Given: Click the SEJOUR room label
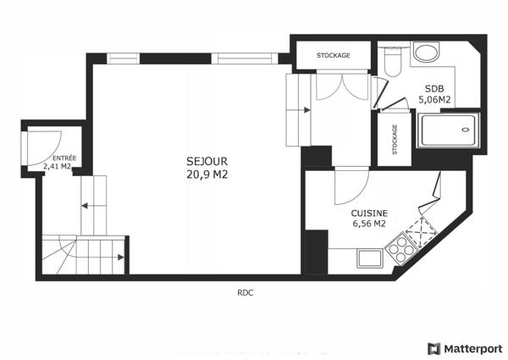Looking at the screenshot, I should point(207,161).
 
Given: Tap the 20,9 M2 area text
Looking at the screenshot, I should point(207,174).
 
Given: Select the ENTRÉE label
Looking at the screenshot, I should point(63,158).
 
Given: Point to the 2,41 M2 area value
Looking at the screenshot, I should point(58,167).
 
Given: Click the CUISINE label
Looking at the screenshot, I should point(369,213).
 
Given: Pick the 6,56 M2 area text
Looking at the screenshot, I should point(369,224).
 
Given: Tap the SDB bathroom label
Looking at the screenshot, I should point(433,89).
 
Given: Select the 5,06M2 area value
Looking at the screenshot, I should point(433,100).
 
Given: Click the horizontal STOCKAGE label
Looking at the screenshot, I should point(333,56).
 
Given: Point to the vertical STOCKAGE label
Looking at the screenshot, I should point(395,140).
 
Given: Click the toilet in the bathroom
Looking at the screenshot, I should point(391,63).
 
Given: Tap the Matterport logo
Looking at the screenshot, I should point(465,348).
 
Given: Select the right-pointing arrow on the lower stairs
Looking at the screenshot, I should point(121,256).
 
